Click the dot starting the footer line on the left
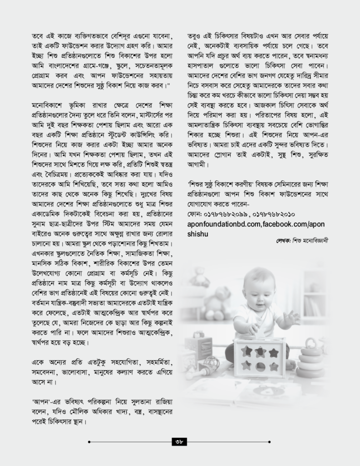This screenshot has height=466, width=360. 89,441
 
